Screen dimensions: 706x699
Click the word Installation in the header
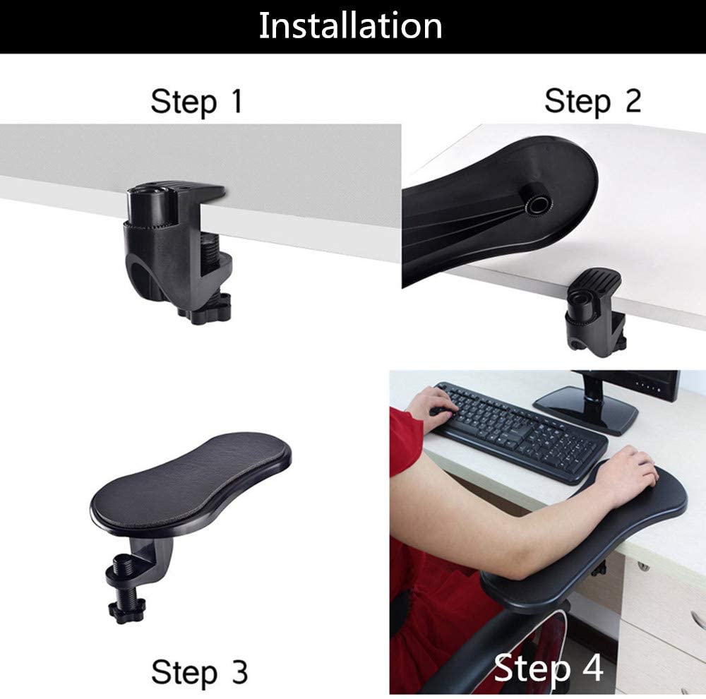(350, 25)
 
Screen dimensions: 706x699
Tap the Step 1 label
(197, 102)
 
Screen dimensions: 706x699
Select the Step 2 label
(592, 102)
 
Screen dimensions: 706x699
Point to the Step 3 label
(200, 672)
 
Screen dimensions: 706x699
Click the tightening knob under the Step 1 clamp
(205, 308)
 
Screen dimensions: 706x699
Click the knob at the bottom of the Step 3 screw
(126, 610)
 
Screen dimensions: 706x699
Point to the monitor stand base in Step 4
(585, 409)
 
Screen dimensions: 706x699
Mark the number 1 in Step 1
(237, 101)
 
